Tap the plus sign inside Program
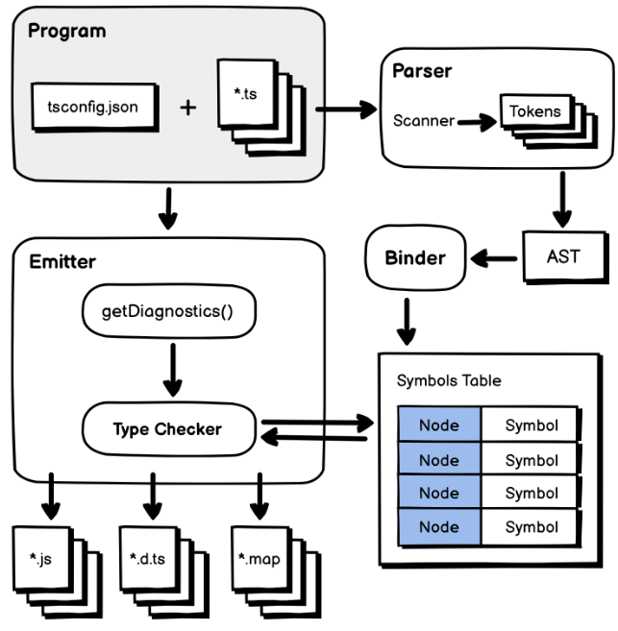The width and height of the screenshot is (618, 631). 188,107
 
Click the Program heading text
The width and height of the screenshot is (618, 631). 66,32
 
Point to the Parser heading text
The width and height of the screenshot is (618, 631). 422,72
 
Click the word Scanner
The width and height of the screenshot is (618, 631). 423,121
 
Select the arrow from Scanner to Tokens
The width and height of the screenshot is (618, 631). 475,121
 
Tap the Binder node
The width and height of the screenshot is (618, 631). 415,256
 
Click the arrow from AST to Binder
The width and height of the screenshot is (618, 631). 496,256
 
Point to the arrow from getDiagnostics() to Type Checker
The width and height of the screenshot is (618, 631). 172,370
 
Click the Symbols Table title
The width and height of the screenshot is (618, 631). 449,380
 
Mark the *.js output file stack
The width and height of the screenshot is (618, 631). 47,559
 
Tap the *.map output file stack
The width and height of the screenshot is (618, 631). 261,559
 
